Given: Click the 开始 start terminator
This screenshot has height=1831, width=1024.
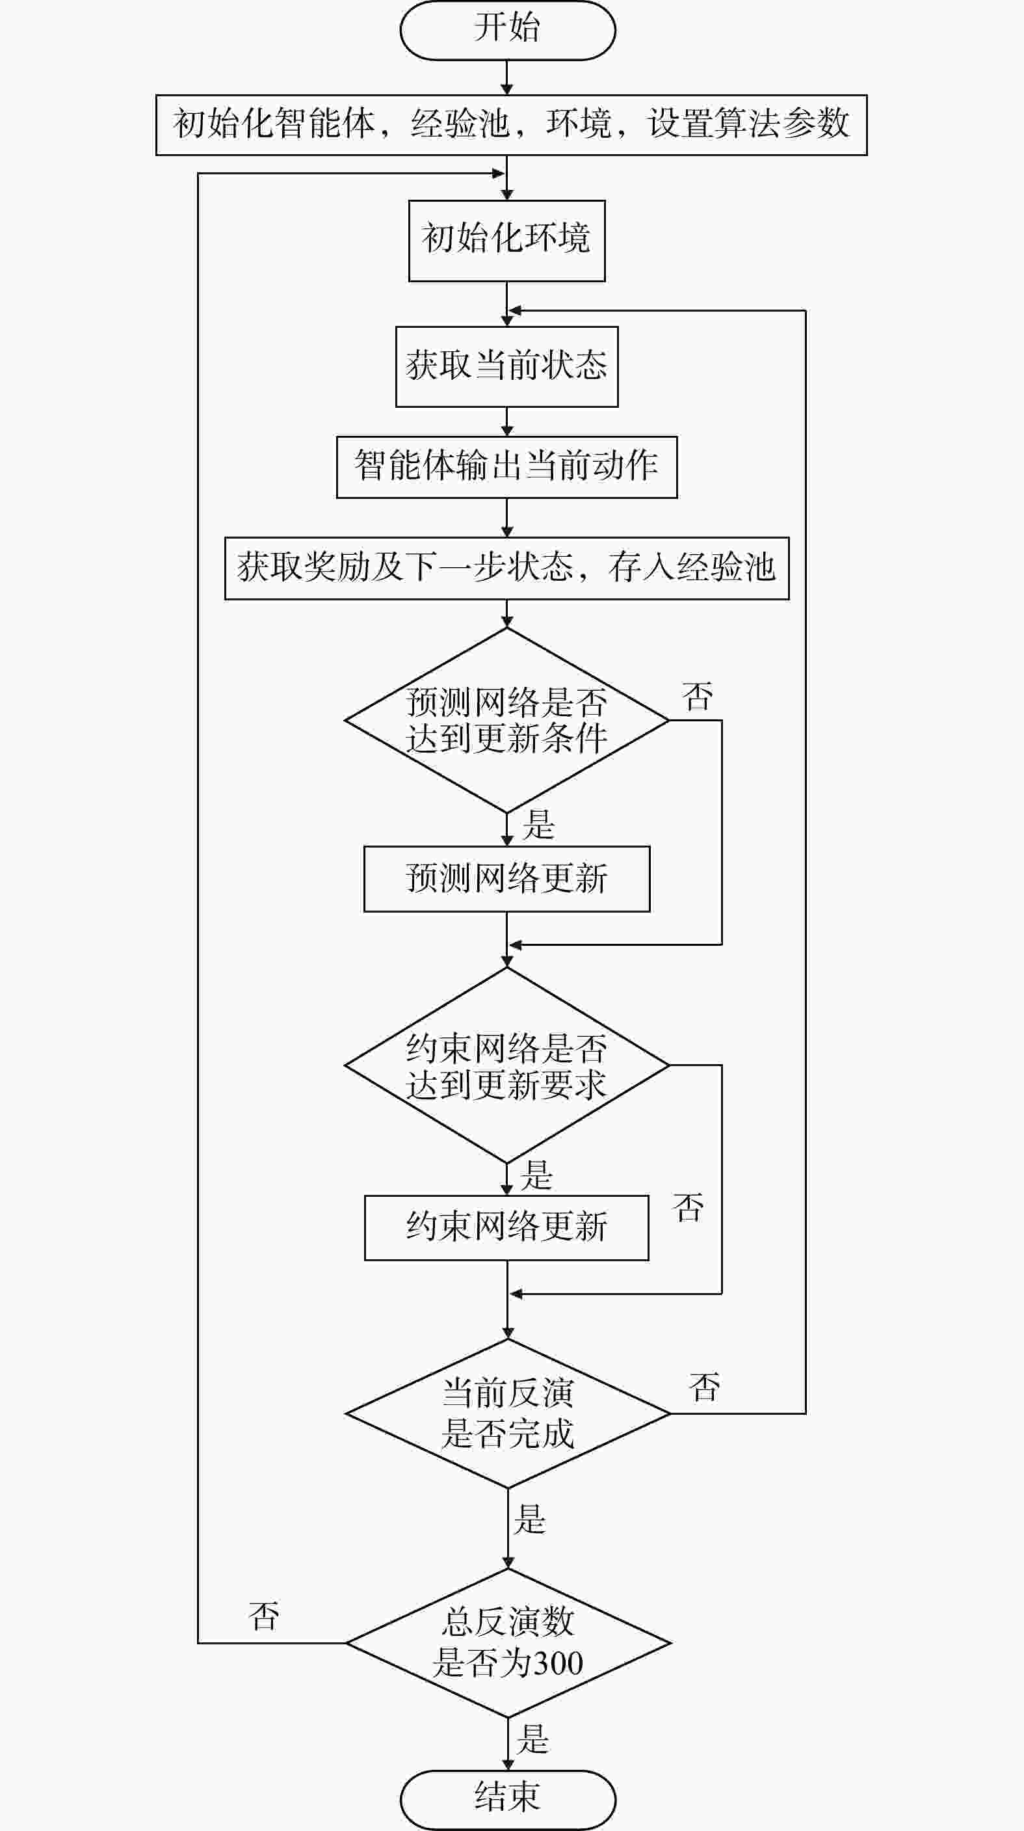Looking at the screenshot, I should pos(507,30).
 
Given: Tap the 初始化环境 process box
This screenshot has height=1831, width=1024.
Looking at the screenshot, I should pos(506,240).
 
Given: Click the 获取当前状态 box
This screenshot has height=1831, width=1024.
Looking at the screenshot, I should pos(506,366).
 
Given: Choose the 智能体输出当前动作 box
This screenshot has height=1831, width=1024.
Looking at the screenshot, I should pos(506,467).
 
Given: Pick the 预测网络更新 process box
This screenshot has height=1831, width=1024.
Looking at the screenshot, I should pos(506,879).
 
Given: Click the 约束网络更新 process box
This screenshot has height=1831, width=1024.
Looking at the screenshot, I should pos(506,1227).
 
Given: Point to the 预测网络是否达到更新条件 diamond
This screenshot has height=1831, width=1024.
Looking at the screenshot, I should pos(506,720).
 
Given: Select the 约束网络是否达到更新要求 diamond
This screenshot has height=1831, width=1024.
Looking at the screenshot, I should pos(506,1065).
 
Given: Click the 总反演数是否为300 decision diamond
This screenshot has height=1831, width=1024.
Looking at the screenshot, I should pos(507,1644).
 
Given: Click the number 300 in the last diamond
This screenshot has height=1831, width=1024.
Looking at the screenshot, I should pos(558,1664).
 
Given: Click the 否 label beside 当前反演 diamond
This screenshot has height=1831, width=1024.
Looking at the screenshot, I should pos(704,1387).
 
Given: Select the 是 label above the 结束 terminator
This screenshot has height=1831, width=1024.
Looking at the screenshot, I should pos(533,1739).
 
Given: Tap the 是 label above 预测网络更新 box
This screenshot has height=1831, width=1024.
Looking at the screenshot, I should pos(538,825).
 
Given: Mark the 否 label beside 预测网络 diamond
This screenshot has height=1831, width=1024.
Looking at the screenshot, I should pos(697,697).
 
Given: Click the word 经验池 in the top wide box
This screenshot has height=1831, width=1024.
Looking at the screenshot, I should pos(460,124).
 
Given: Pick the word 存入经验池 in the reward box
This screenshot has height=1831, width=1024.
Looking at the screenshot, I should pos(690,567).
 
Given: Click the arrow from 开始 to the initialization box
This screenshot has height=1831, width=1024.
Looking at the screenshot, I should pos(506,77).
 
